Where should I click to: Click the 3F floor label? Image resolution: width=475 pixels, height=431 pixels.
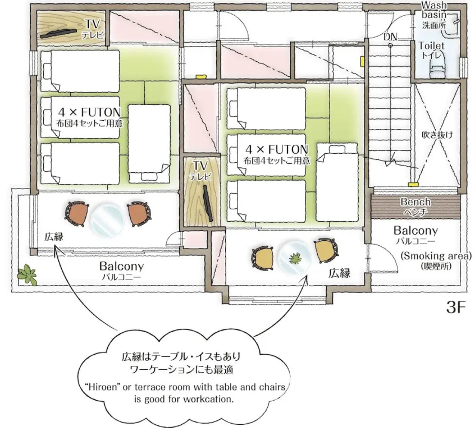[x=455, y=308]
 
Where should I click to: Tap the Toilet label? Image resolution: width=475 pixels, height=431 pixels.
[x=431, y=46]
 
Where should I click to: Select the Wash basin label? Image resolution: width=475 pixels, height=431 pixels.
[x=434, y=10]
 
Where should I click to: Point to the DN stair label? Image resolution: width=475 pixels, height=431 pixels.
[x=390, y=37]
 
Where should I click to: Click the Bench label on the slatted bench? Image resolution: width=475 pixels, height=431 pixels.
[x=415, y=201]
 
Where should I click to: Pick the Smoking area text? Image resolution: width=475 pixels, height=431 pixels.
[x=436, y=256]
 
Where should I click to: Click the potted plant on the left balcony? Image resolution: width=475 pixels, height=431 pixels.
[x=27, y=274]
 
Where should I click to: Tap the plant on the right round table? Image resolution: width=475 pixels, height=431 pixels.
[x=294, y=258]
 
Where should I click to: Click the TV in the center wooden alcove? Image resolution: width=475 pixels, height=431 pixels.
[x=208, y=204]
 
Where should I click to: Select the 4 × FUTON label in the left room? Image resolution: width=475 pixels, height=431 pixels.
[x=89, y=112]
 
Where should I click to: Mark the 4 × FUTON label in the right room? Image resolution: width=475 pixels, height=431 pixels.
[x=277, y=149]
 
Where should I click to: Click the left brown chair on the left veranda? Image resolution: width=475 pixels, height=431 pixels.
[x=76, y=214]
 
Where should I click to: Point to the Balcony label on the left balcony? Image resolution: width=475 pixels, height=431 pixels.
[x=121, y=267]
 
